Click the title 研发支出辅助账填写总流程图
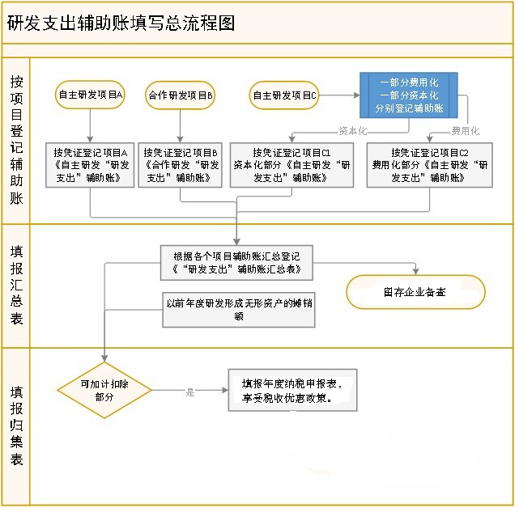click(121, 23)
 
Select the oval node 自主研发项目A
click(90, 95)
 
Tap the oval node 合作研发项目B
click(180, 95)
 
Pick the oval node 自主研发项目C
click(284, 95)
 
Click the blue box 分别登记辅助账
click(409, 95)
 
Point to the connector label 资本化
click(353, 131)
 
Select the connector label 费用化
click(466, 131)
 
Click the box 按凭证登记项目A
click(90, 165)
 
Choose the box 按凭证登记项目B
click(180, 165)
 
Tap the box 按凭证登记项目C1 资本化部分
click(292, 165)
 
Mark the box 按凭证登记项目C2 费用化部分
click(430, 165)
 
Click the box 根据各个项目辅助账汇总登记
click(236, 263)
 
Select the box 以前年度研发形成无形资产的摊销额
click(239, 310)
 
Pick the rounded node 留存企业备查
click(415, 292)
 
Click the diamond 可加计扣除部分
click(104, 390)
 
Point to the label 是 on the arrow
click(190, 392)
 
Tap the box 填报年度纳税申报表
click(292, 390)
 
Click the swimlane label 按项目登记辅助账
click(16, 140)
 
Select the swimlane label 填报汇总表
click(16, 285)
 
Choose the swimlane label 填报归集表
click(16, 426)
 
